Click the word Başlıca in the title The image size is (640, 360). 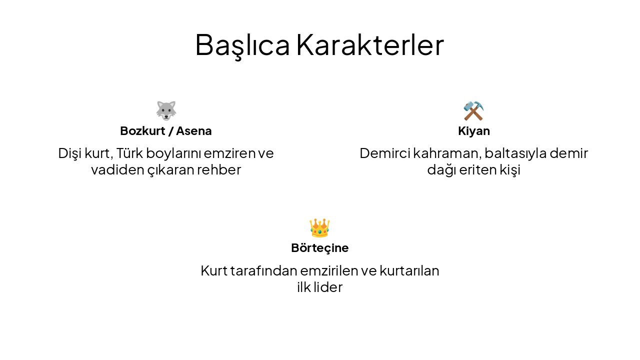[242, 45]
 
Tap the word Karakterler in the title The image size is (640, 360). [370, 45]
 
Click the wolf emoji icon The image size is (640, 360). [166, 110]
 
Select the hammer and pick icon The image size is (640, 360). [473, 110]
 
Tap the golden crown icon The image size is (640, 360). [319, 228]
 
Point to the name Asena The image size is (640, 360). [194, 131]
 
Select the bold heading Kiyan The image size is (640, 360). [474, 131]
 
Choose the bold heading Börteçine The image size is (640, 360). [319, 248]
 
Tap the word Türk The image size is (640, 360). [129, 153]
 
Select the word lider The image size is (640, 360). [328, 287]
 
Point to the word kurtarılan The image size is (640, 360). [409, 270]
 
